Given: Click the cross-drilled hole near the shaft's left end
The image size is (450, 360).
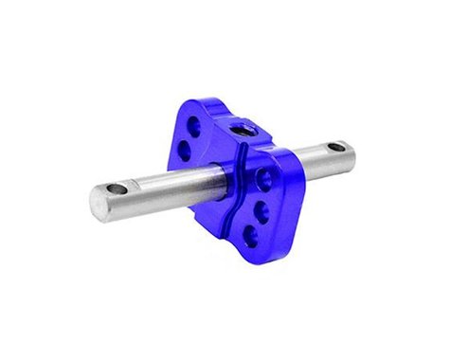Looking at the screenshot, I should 116,190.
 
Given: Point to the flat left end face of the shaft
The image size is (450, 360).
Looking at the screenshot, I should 99,201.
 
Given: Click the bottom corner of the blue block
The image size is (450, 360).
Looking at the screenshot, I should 248,253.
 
